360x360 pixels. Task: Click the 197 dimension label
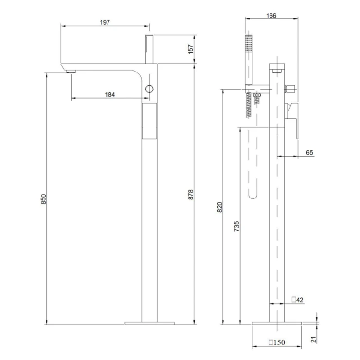(x=105, y=22)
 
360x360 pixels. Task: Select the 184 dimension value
(x=110, y=94)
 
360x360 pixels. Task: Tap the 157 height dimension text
(x=191, y=49)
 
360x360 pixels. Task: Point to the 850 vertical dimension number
(x=43, y=199)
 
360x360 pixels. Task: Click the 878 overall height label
(x=191, y=195)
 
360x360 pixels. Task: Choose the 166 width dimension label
(x=271, y=16)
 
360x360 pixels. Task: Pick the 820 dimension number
(x=220, y=207)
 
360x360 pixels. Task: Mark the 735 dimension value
(x=236, y=226)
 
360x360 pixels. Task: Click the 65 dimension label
(x=309, y=152)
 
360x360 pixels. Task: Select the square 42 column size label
(x=298, y=300)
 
